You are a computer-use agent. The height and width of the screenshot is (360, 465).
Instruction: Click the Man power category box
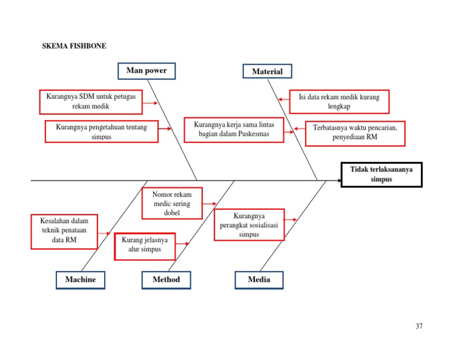tap(147, 71)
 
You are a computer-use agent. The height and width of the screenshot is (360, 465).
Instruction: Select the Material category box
tap(267, 72)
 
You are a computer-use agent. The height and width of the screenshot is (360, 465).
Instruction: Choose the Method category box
tap(166, 279)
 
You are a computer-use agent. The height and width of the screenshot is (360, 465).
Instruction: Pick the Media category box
tap(259, 279)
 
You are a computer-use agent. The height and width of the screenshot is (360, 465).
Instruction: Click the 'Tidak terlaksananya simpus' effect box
tap(381, 175)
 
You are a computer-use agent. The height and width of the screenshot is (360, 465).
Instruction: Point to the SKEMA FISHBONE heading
tap(74, 46)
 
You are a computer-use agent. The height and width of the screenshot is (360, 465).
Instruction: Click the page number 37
tap(419, 326)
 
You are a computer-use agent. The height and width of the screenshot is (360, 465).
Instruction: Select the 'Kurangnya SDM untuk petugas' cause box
tap(91, 102)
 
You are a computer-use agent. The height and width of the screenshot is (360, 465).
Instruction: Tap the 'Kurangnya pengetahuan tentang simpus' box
tap(101, 132)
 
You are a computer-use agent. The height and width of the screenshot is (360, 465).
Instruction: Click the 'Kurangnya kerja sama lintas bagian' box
tap(234, 130)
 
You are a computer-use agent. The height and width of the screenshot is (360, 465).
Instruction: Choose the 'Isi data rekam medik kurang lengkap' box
tap(339, 101)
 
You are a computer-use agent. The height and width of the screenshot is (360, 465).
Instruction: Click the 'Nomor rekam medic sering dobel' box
tap(172, 203)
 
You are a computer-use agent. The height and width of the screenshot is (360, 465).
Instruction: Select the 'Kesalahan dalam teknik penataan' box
tap(64, 231)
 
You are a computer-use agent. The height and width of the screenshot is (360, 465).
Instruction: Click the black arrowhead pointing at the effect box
tap(337, 180)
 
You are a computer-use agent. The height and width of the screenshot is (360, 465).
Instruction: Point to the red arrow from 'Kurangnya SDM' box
tap(150, 103)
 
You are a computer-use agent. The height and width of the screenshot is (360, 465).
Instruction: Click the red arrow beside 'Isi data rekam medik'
tap(283, 99)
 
